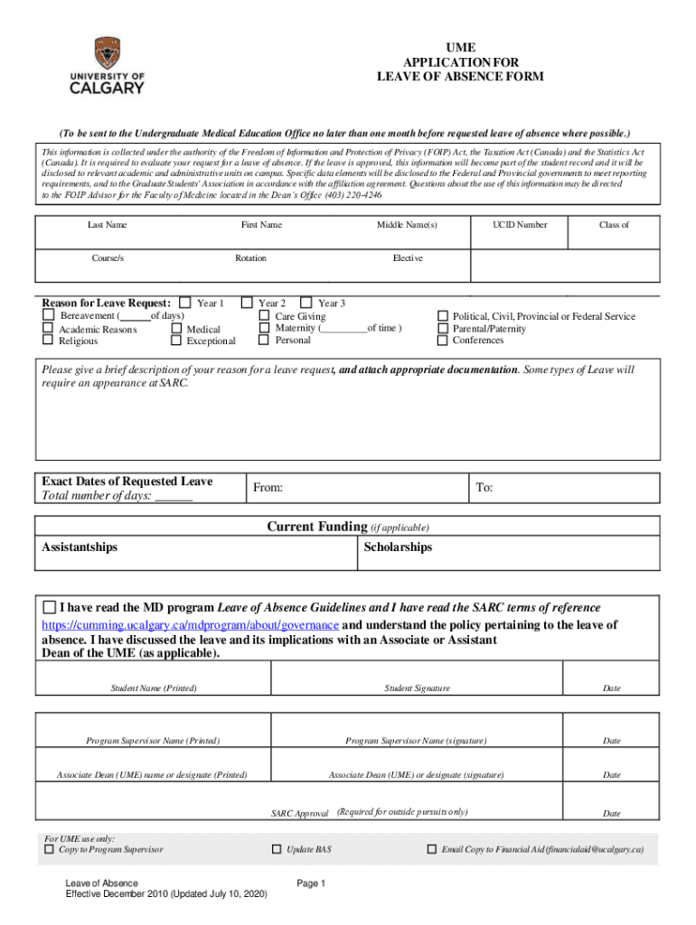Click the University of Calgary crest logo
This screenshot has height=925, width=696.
pos(106,53)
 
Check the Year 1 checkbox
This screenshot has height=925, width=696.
pos(185,304)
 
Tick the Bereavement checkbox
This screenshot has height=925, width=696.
pos(48,316)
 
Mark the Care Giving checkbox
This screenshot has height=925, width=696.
pos(264,316)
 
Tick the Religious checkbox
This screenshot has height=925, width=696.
pos(48,341)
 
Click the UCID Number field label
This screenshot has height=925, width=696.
pos(519,224)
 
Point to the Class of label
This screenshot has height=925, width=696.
pos(614,224)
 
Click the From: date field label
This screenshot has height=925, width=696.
pos(268,488)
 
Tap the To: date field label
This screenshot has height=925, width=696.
pos(484,488)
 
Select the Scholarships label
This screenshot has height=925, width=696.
pos(398,547)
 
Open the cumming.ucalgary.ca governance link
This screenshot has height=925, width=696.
pos(191,625)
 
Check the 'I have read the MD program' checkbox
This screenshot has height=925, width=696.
pos(49,608)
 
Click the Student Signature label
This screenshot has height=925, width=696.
pos(417,688)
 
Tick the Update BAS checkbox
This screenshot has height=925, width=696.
pos(277,849)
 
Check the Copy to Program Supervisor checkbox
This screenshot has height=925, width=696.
pos(49,849)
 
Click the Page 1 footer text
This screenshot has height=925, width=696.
pos(311,883)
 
